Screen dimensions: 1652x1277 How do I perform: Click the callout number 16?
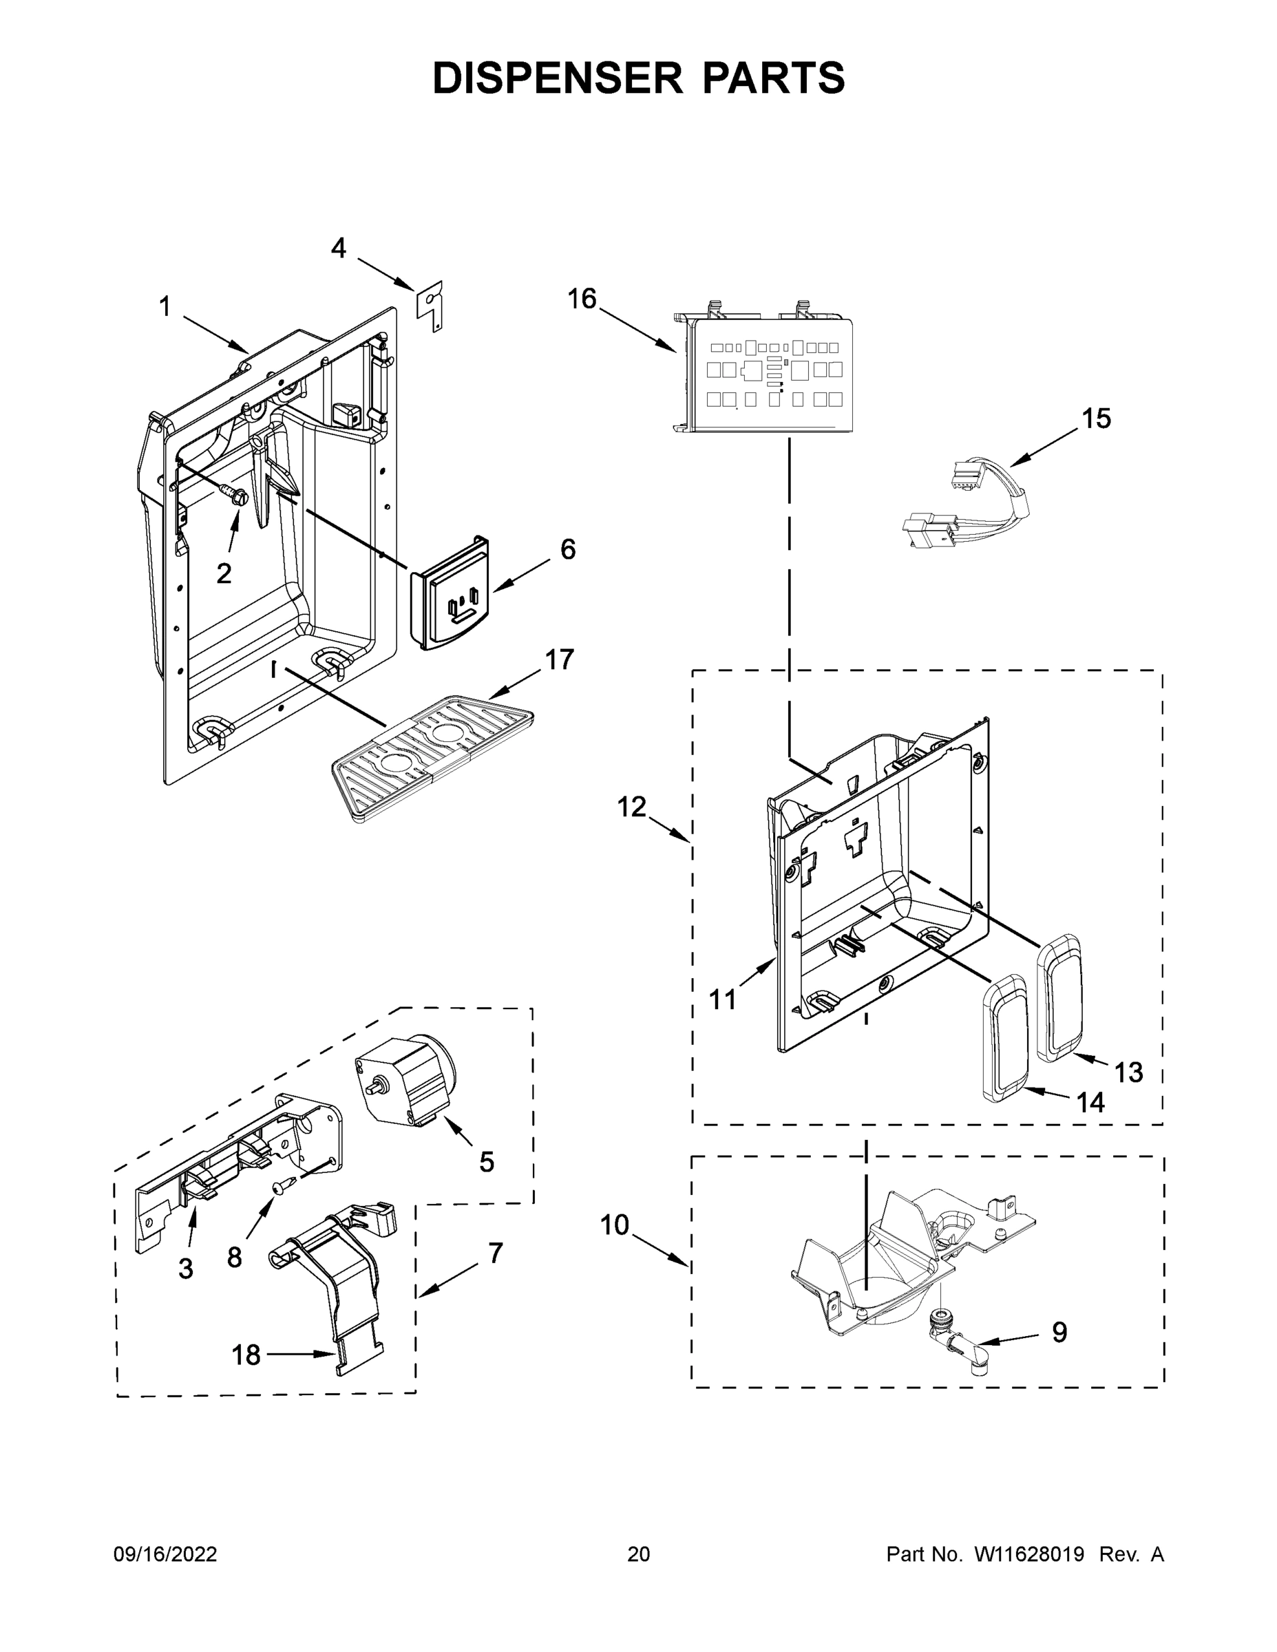(x=582, y=299)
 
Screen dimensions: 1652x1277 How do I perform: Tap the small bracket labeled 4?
(x=431, y=306)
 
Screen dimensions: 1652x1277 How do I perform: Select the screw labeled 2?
(x=234, y=496)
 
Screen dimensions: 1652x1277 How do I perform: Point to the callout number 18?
(x=246, y=1355)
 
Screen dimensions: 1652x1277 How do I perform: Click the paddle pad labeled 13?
(x=1062, y=996)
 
